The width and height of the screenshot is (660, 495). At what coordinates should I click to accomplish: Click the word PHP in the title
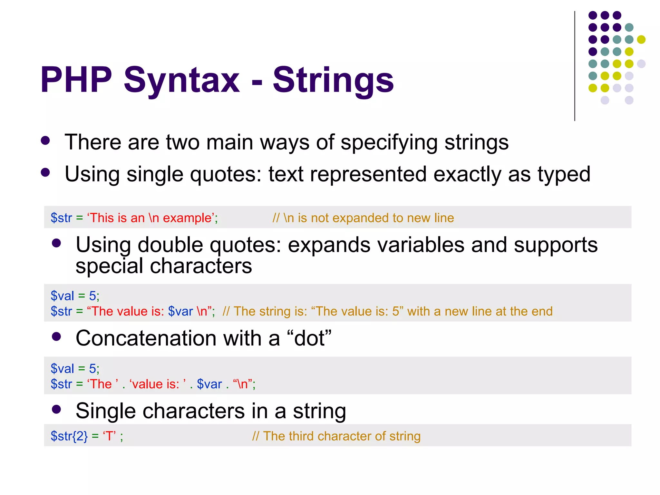pos(76,80)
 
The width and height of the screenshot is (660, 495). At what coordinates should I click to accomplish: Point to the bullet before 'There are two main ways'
pos(45,141)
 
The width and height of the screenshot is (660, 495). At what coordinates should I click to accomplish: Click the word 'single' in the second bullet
pos(155,174)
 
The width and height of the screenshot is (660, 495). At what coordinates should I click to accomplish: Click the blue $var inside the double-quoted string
pos(180,311)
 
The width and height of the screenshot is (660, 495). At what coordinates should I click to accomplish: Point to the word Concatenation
pos(146,338)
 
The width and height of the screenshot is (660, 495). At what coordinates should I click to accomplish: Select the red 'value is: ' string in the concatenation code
pos(158,384)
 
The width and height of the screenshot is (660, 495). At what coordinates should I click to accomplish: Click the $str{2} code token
pos(69,436)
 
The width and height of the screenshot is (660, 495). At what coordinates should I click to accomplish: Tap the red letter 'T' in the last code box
pos(109,436)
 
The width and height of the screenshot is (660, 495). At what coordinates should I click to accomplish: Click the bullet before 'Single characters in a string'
pos(56,410)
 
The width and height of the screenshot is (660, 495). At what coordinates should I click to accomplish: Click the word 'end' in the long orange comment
pos(542,311)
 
